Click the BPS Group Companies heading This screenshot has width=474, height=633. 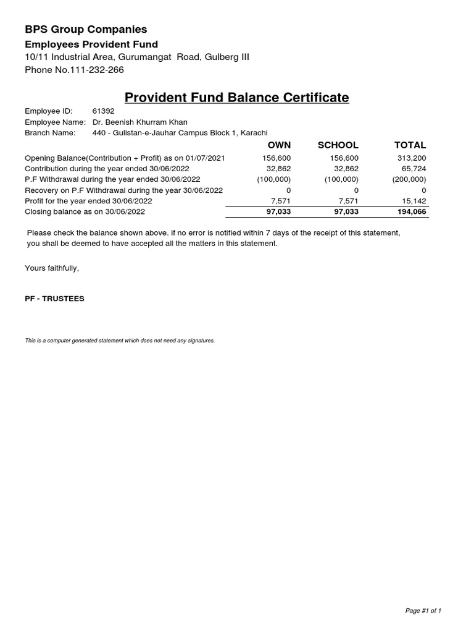[x=86, y=29]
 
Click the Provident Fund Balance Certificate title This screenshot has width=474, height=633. [x=236, y=98]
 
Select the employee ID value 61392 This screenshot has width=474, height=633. [x=102, y=111]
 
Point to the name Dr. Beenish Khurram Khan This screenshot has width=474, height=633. [x=139, y=122]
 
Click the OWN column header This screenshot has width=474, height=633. [x=278, y=145]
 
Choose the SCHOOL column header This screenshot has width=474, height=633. [x=338, y=145]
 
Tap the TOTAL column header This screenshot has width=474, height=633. [x=410, y=145]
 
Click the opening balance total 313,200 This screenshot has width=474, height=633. [x=412, y=158]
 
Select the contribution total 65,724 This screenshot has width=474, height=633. [x=414, y=169]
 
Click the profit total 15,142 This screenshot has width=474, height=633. [x=414, y=201]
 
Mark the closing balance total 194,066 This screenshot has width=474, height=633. [x=412, y=211]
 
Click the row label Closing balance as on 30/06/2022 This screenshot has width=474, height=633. [x=85, y=211]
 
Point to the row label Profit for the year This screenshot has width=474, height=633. [x=88, y=201]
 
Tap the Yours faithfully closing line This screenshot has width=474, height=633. [x=52, y=268]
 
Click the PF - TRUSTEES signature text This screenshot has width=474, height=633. [x=54, y=299]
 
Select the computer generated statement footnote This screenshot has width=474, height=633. [x=120, y=341]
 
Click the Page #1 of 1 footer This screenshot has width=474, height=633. [x=423, y=611]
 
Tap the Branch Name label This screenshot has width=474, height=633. [x=49, y=133]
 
